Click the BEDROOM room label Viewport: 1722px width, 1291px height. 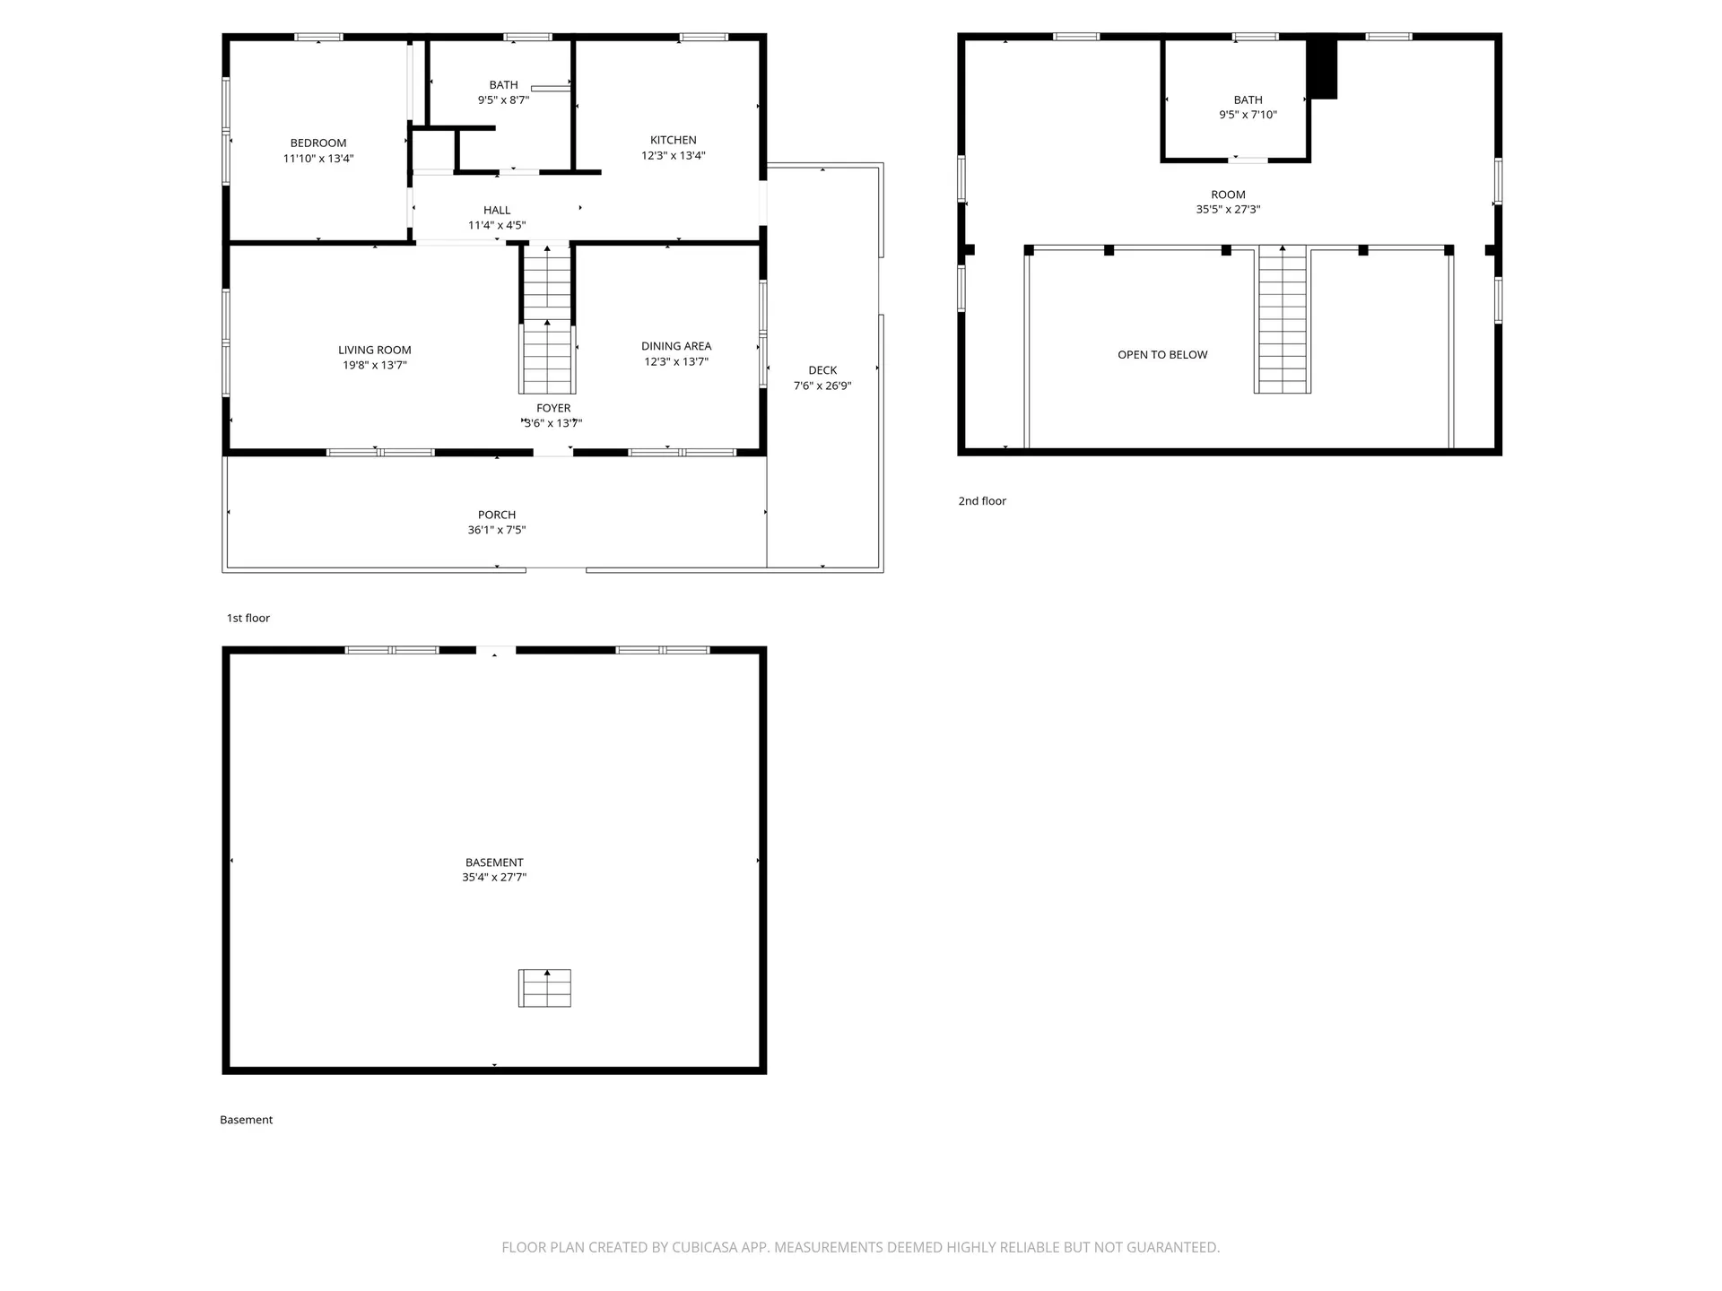(318, 143)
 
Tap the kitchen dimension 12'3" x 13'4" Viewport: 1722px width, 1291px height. (673, 156)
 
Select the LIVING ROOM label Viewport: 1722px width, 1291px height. (374, 351)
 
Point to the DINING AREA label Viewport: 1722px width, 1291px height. (676, 346)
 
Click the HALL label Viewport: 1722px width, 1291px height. (497, 211)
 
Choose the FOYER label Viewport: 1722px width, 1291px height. (553, 409)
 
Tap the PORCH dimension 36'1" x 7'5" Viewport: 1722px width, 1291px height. (497, 530)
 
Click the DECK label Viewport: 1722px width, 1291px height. (822, 370)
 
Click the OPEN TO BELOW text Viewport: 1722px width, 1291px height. (1162, 355)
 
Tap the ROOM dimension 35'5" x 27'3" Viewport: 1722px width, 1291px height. (1228, 210)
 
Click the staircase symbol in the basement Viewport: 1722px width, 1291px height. (544, 988)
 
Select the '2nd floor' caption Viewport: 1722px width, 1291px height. (982, 501)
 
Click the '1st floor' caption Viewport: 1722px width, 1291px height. (248, 619)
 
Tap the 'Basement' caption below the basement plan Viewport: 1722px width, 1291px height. (247, 1120)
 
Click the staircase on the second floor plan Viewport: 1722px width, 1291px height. (1283, 323)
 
